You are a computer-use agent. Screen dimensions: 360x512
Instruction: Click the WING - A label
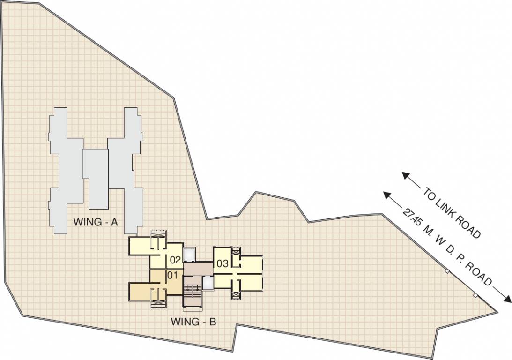click(x=95, y=223)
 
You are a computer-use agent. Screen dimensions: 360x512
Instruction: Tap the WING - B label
click(x=193, y=322)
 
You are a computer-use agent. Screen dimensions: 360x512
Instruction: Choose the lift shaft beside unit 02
click(x=190, y=254)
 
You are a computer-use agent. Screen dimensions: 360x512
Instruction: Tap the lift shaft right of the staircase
click(x=208, y=283)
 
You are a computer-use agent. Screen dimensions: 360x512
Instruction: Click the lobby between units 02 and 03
click(x=198, y=269)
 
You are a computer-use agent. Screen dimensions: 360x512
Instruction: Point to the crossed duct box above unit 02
click(x=158, y=234)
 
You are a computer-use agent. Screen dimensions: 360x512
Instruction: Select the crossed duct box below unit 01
click(x=158, y=303)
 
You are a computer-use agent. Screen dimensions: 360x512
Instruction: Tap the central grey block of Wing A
click(x=96, y=179)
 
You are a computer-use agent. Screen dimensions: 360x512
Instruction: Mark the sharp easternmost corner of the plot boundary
click(x=497, y=311)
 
